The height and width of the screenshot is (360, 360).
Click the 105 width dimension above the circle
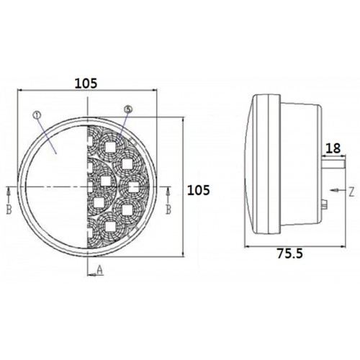86,84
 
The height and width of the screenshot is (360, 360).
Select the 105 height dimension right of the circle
198,190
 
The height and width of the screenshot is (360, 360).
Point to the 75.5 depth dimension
288,253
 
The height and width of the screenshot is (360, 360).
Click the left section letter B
9,210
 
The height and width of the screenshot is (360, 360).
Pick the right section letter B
168,210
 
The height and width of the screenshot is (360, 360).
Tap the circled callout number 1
37,114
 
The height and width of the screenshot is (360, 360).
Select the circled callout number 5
127,109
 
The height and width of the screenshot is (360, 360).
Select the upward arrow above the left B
9,192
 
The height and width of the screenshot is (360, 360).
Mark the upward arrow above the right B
168,192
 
